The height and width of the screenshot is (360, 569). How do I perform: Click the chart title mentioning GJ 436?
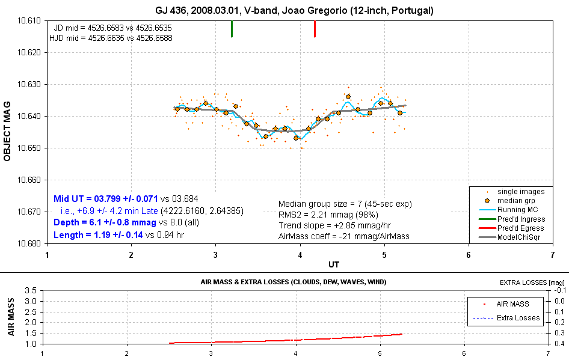tap(293, 10)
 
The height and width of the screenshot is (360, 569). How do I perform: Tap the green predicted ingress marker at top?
tap(232, 28)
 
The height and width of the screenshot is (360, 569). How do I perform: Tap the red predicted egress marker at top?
tap(315, 28)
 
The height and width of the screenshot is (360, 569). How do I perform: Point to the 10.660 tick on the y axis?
tap(30, 180)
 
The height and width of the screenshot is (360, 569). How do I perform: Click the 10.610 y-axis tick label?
tap(30, 20)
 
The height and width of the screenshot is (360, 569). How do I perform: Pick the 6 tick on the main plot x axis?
tap(468, 255)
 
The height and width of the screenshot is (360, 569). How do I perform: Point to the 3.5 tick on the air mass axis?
tap(32, 290)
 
